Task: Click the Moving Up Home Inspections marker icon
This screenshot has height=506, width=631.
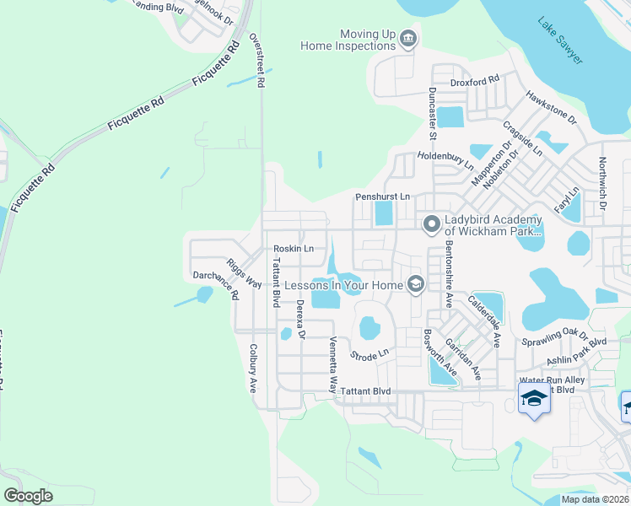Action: [x=408, y=39]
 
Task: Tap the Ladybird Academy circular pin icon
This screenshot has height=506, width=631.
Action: [x=431, y=224]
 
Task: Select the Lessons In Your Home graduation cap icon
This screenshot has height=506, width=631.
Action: [x=415, y=284]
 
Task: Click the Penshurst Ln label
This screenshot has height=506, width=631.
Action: [x=382, y=196]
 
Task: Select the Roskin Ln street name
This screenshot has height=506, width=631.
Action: [x=294, y=249]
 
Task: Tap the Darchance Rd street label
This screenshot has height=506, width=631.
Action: [x=216, y=287]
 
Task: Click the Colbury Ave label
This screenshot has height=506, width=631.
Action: [x=252, y=368]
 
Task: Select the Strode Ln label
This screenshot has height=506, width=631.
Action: [x=370, y=354]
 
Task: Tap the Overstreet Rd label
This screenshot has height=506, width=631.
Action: [x=260, y=62]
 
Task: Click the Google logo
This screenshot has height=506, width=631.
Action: [x=28, y=495]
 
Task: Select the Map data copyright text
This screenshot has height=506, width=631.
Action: [x=595, y=499]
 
